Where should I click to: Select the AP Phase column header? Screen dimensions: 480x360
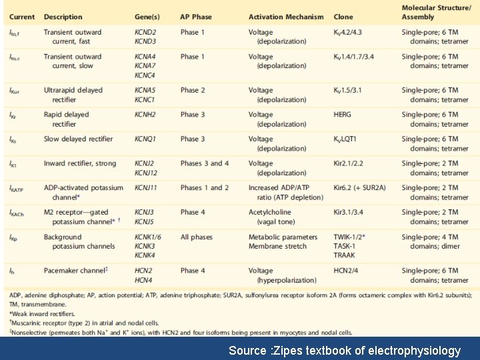pos(197,17)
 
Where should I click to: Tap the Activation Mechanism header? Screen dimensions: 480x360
pos(286,17)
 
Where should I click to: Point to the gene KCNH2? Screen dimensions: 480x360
pos(145,115)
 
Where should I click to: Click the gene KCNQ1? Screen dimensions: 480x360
pos(145,139)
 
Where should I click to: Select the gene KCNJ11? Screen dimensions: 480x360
pos(146,188)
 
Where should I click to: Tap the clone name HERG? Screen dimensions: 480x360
pos(343,115)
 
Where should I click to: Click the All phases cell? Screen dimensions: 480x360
pos(197,237)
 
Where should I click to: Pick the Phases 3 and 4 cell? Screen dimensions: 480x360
pos(205,163)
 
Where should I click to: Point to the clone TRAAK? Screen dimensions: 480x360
pos(345,255)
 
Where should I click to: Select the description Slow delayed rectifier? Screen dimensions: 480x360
pos(79,139)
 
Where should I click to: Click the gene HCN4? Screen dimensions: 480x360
pos(143,280)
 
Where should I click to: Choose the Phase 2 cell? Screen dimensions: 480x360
pos(193,90)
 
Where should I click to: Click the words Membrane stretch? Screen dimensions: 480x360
pos(277,247)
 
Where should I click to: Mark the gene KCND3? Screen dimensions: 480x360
pos(145,41)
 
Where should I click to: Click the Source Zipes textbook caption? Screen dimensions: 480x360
pos(344,350)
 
